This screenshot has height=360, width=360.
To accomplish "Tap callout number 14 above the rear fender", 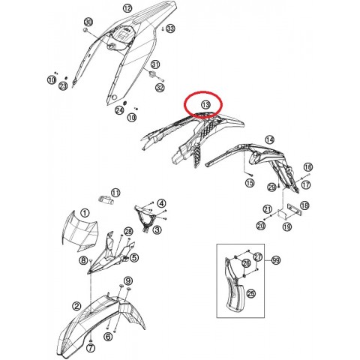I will (270, 139).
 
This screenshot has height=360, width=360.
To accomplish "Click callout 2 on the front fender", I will (77, 306).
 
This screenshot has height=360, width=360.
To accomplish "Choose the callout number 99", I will (276, 259).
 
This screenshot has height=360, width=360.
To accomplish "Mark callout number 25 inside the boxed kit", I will (251, 293).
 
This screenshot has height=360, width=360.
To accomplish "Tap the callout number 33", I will (170, 28).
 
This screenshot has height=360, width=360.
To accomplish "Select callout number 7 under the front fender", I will (91, 348).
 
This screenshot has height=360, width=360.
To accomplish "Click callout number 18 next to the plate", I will (305, 205).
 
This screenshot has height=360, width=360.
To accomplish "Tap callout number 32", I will (160, 88).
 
